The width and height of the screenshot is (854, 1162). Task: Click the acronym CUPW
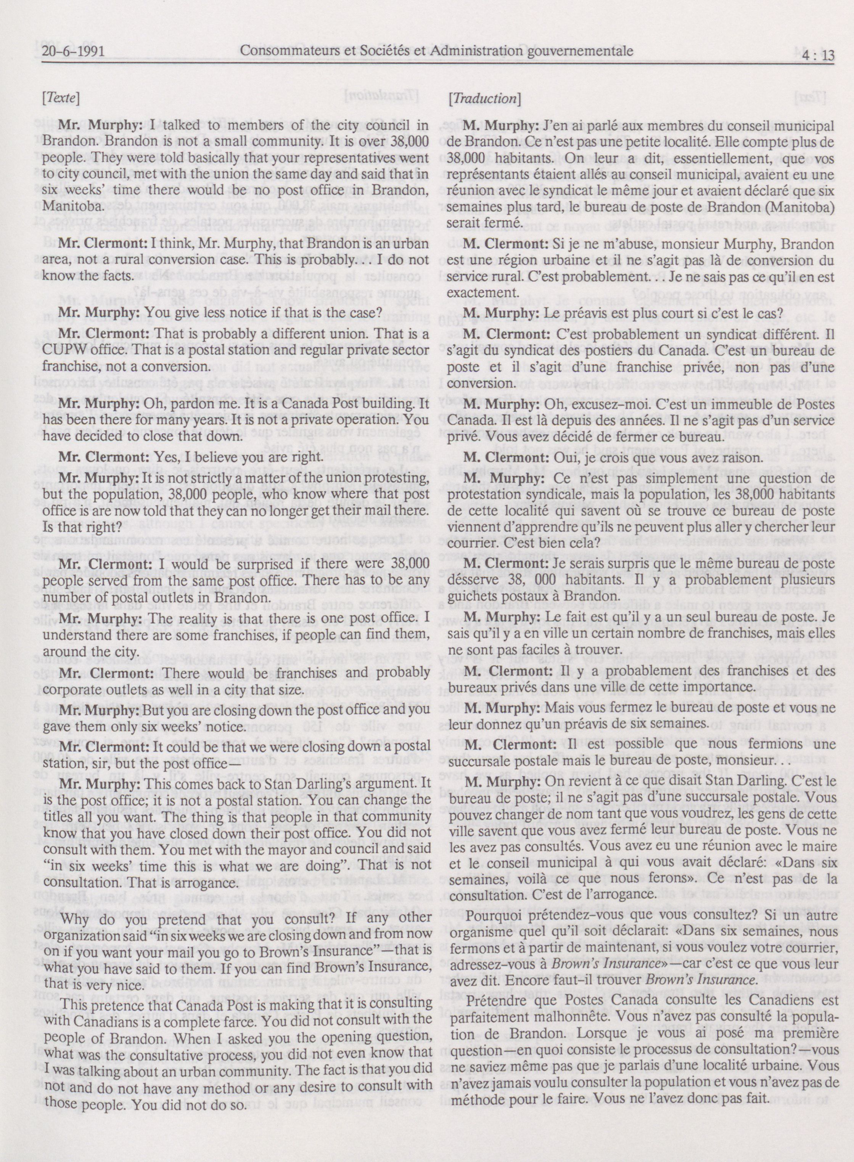(x=66, y=350)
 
